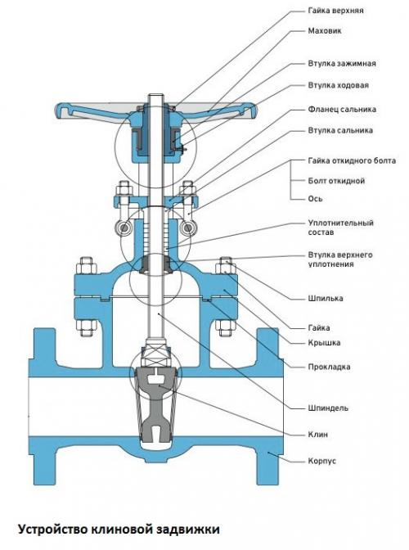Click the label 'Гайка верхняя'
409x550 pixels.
(335, 11)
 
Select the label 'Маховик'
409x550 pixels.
(325, 31)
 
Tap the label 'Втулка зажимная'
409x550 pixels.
(342, 64)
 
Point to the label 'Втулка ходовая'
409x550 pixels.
(338, 85)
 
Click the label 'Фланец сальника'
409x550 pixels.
(342, 109)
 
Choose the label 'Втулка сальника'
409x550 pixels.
(340, 130)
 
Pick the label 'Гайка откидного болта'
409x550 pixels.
(352, 160)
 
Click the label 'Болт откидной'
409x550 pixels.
(336, 181)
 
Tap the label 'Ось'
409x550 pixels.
(315, 199)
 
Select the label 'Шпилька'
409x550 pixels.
(326, 299)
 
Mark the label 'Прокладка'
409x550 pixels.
(329, 367)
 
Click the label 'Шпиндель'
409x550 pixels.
(328, 408)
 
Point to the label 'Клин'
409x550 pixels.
(318, 435)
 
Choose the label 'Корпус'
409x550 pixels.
(321, 461)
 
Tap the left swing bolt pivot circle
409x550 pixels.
(124, 228)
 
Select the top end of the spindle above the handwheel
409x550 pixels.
(155, 95)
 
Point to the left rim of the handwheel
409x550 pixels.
(61, 110)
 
